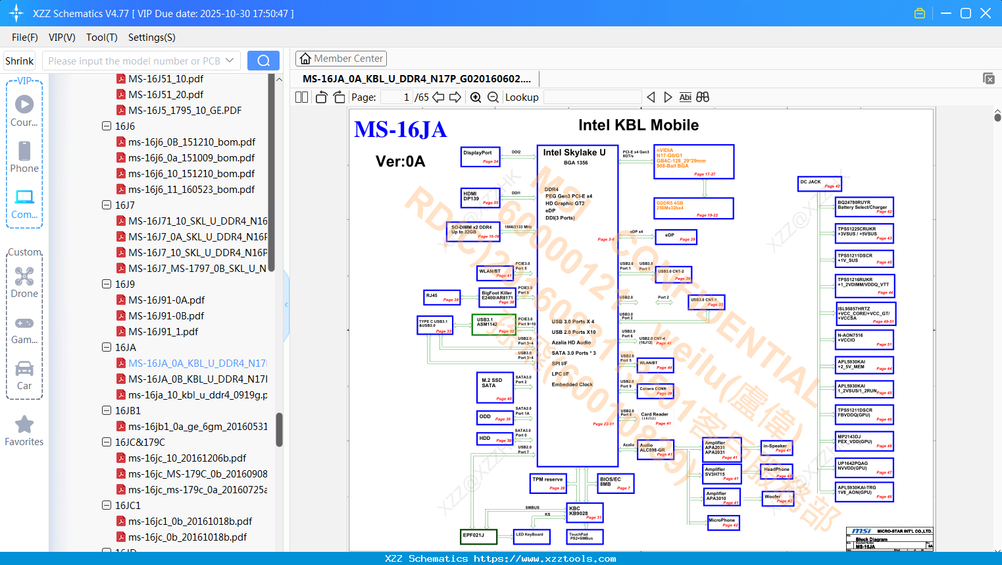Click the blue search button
[263, 61]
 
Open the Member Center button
[341, 59]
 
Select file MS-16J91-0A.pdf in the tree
[166, 300]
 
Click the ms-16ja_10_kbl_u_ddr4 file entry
[197, 394]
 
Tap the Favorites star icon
[24, 425]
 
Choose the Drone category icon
[24, 277]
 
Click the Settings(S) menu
[151, 38]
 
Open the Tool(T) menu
[101, 38]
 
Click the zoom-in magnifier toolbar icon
[476, 97]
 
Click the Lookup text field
[592, 97]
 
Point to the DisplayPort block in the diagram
[480, 156]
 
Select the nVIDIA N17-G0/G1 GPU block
[694, 161]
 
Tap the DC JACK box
[819, 184]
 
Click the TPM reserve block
[548, 483]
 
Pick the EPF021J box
[479, 537]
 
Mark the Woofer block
[778, 498]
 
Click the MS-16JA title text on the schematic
[400, 130]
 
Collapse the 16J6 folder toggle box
[107, 126]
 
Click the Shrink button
[20, 61]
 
